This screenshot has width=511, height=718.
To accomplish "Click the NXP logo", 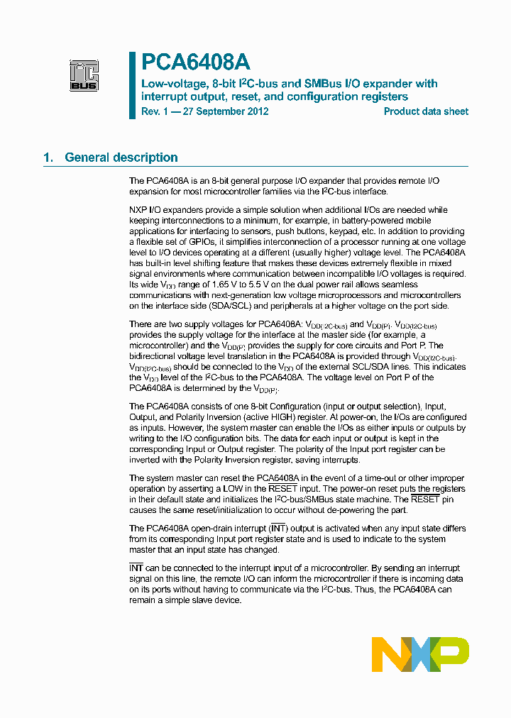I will click(420, 653).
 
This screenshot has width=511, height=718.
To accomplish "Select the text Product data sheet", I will click(426, 111).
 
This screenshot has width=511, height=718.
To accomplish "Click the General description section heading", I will click(121, 158).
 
